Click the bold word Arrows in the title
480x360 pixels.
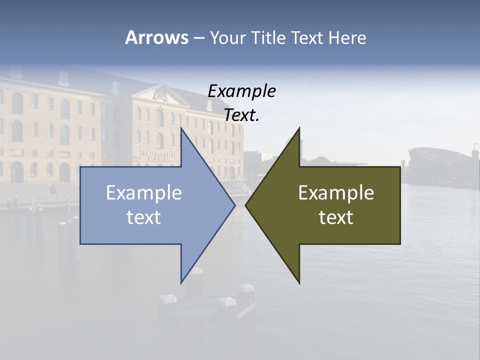click(x=156, y=38)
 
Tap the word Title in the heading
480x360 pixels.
click(x=268, y=38)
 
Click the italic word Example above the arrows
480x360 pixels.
click(x=241, y=91)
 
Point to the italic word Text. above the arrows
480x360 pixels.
click(x=241, y=115)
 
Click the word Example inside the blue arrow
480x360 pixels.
click(x=144, y=193)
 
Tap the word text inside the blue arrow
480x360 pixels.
click(x=144, y=217)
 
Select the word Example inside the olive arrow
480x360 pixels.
click(x=336, y=193)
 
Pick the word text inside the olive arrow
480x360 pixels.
click(x=336, y=217)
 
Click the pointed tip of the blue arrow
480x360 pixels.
click(x=234, y=205)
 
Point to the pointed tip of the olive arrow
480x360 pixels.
click(x=246, y=205)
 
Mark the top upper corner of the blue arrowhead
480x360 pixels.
click(x=181, y=128)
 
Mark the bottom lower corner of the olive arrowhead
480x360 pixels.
click(x=299, y=283)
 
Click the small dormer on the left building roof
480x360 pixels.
click(x=63, y=78)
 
